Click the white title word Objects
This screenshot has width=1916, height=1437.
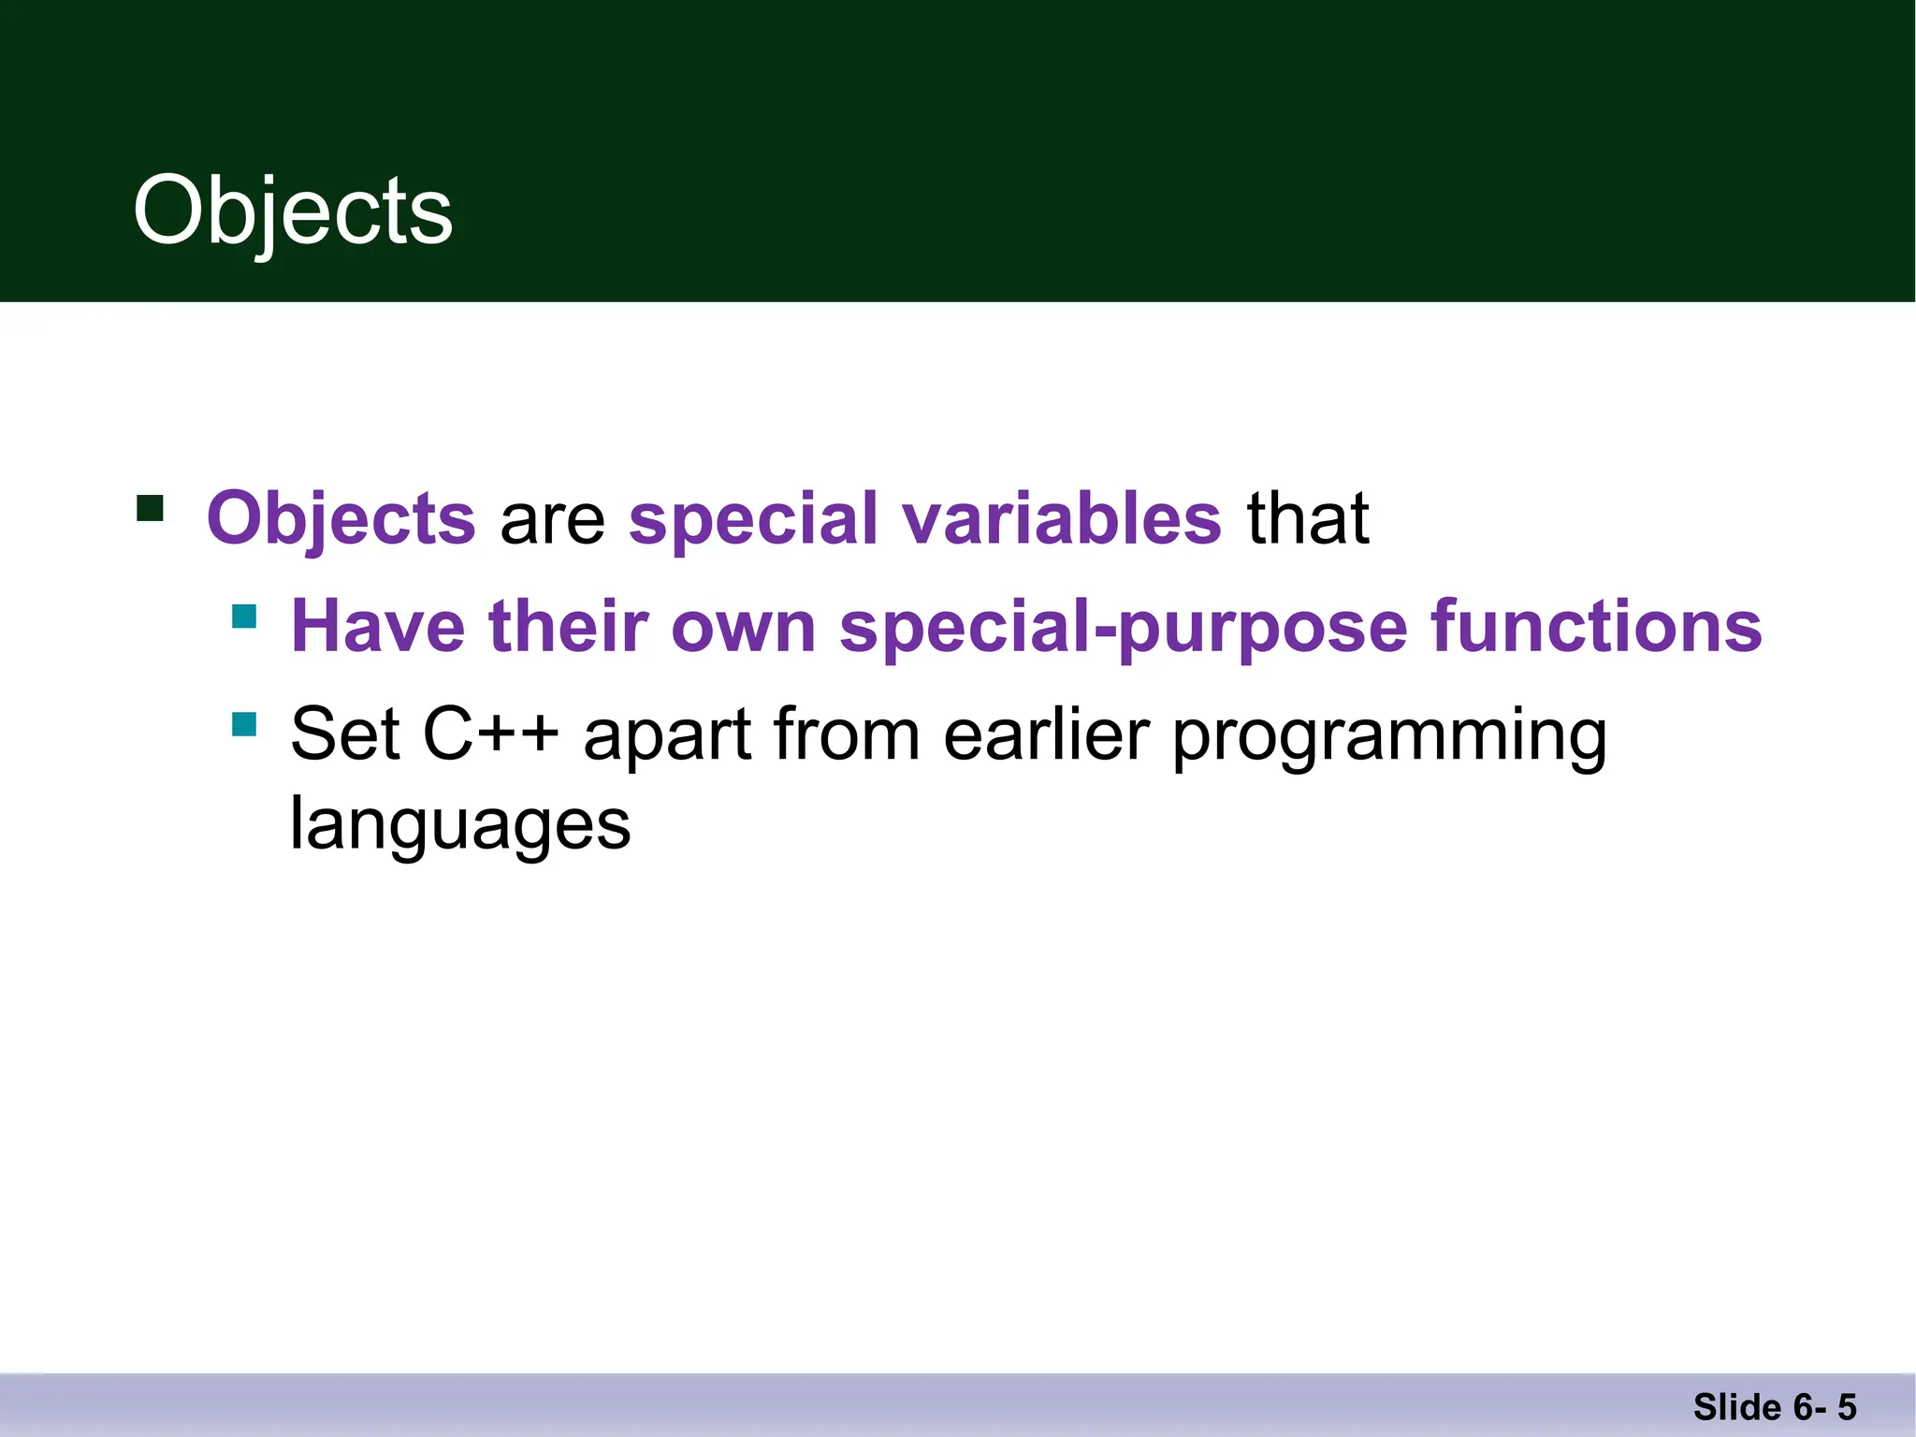293,211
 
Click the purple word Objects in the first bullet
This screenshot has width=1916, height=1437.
341,518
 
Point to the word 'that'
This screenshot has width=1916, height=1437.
1308,518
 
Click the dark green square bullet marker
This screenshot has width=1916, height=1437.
150,508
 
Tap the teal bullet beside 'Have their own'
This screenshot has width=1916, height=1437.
244,616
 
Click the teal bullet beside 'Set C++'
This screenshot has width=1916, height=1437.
244,724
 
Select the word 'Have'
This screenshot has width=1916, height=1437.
378,626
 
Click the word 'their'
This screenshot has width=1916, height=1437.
568,626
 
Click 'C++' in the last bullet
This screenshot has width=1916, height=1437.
490,734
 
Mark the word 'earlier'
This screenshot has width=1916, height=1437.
1045,734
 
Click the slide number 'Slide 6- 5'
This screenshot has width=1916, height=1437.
1774,1407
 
